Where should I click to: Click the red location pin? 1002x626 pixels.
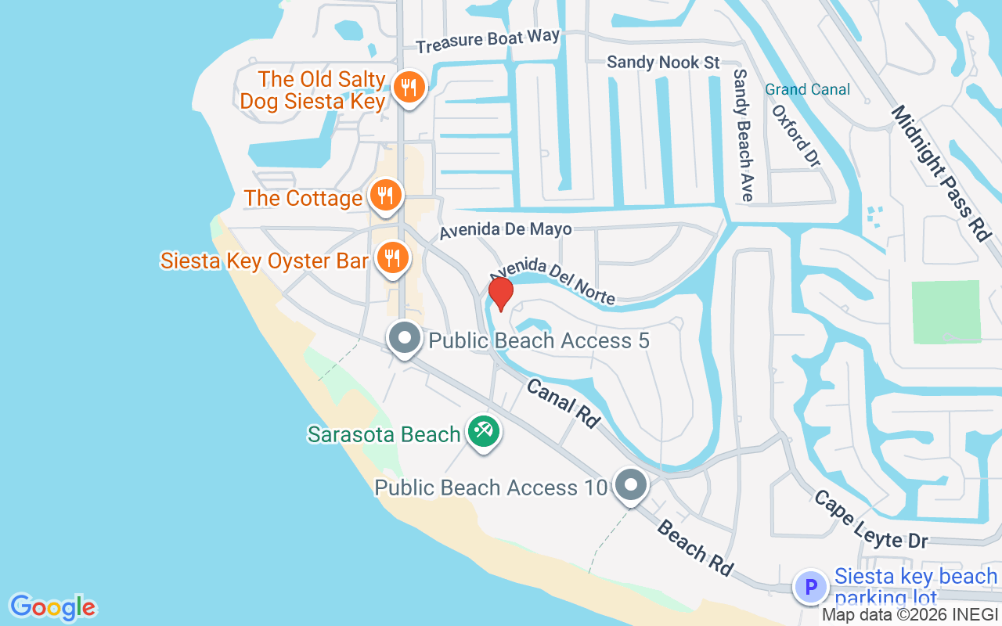point(501,293)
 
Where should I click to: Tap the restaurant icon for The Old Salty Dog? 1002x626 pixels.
point(408,87)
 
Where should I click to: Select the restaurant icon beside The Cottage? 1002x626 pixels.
point(384,196)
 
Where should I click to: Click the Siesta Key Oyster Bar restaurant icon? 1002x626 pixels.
point(391,257)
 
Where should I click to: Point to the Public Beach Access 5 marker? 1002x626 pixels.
point(405,339)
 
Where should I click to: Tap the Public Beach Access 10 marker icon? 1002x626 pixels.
point(630,485)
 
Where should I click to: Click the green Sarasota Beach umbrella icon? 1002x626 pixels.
point(484,432)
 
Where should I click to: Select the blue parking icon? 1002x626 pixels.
point(811,586)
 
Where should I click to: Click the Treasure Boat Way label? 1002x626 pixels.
point(488,41)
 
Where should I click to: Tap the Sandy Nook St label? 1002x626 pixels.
point(663,62)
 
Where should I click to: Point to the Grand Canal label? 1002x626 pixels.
point(807,89)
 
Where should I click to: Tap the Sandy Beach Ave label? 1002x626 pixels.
point(742,135)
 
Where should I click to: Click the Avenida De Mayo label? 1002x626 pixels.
point(505,229)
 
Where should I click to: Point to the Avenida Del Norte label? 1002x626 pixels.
point(553,281)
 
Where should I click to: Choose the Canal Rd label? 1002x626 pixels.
point(563,403)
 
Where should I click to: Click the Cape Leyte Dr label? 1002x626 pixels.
point(870,519)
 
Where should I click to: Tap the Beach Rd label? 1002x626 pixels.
point(694,549)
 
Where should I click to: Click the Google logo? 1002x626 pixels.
point(52,607)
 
